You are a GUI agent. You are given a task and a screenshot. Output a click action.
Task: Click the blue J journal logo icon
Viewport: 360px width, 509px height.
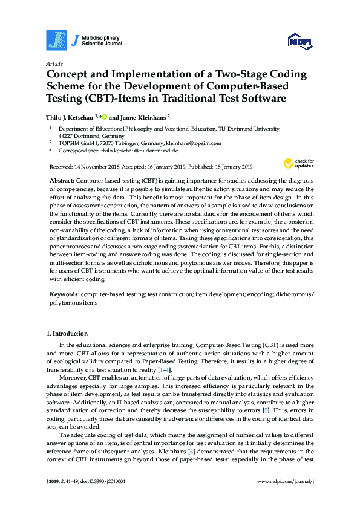[x=56, y=40]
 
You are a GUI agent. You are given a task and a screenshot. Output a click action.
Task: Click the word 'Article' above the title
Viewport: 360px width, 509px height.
[x=54, y=63]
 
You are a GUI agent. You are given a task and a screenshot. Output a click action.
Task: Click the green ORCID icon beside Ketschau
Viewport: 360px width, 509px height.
[x=104, y=117]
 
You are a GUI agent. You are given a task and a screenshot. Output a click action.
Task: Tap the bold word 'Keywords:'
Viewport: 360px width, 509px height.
[x=64, y=294]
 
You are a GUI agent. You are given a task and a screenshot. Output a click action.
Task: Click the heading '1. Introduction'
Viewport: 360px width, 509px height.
[x=67, y=334]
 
